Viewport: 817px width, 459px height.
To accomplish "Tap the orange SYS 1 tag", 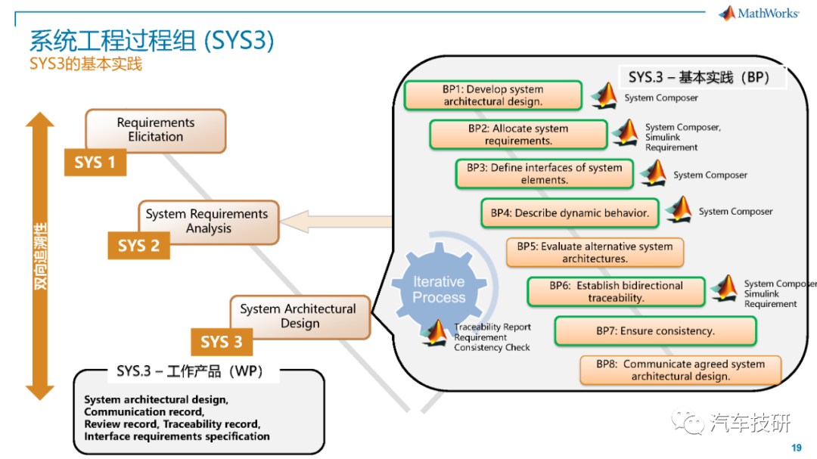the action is coord(95,162).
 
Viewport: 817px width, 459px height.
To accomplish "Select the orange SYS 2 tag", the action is coord(138,246).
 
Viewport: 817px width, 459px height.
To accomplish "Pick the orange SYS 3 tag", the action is coord(222,342).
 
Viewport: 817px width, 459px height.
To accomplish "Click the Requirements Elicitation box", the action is coord(156,130).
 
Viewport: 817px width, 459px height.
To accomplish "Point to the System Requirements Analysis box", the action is coord(209,222).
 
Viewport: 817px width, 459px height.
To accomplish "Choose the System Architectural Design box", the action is coord(300,316).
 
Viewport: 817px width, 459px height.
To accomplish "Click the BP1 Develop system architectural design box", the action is coord(493,95).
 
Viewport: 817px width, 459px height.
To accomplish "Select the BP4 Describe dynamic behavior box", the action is coord(570,212).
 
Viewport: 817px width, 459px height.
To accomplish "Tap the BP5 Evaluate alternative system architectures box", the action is coord(595,252).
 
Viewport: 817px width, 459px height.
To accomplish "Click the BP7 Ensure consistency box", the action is coord(655,331).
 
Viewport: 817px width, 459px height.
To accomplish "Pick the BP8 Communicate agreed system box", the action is coord(681,370).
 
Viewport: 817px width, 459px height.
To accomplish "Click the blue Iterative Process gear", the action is coord(439,288).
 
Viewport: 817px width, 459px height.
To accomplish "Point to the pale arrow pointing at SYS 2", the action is coord(336,222).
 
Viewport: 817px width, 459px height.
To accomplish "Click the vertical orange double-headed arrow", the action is coord(40,256).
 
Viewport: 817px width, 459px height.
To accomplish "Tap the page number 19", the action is coord(796,448).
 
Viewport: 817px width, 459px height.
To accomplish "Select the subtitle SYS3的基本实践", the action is coord(86,64).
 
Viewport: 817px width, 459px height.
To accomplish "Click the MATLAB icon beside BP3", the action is coord(654,172).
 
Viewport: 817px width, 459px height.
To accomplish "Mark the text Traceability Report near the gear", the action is coord(492,327).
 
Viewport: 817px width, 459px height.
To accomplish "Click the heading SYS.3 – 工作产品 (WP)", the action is coord(190,371).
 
